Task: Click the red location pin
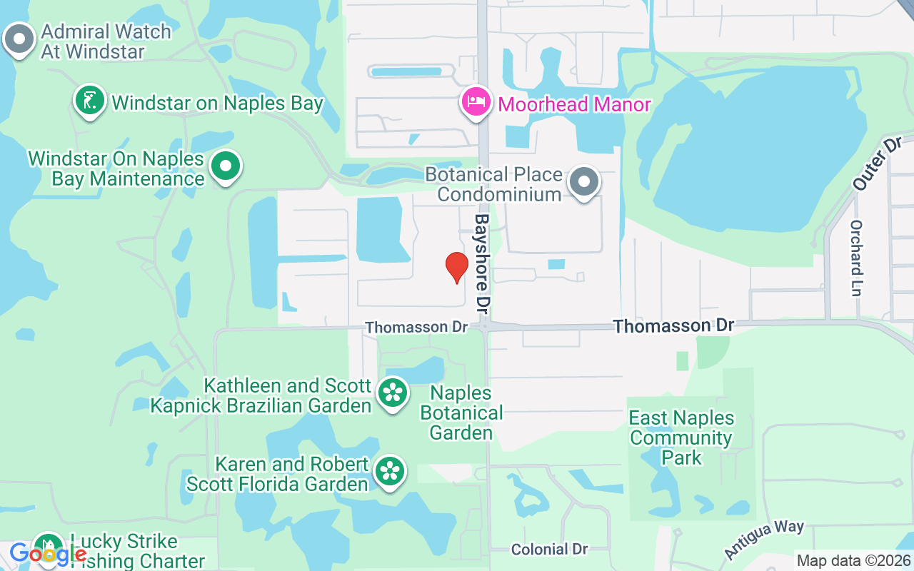coord(457,267)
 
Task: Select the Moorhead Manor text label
coord(574,104)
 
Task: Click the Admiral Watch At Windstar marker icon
coord(19,39)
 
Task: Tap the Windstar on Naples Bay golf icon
coord(90,101)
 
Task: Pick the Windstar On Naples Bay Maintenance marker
coord(226,166)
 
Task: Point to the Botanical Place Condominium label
coord(494,184)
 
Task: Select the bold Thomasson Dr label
coord(673,326)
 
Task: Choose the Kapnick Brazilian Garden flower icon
coord(392,392)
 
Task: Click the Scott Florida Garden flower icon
coord(390,470)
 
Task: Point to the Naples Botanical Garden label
coord(461,413)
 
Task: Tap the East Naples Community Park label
coord(681,438)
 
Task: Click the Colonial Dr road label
coord(549,549)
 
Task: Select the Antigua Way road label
coord(764,540)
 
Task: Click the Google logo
coord(47,553)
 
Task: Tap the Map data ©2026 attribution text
coord(854,561)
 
